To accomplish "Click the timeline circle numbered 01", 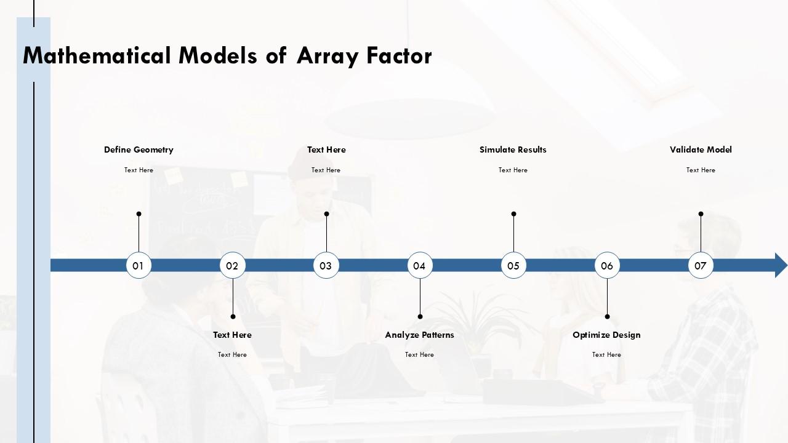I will tap(139, 266).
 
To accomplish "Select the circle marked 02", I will tap(232, 266).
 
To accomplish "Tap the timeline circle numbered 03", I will tap(326, 266).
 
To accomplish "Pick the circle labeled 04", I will tap(420, 266).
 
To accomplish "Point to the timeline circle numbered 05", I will tap(513, 266).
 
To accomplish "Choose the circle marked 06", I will tap(607, 266).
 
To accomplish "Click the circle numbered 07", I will tap(701, 266).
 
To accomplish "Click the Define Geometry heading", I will tap(139, 150).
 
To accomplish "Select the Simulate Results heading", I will tap(513, 150).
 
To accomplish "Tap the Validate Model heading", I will tap(701, 150).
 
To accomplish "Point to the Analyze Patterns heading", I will tap(419, 335).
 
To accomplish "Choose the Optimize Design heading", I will tap(606, 335).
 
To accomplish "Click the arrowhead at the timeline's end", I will tap(780, 265).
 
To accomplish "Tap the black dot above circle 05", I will tap(513, 214).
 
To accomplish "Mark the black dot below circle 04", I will tap(420, 317).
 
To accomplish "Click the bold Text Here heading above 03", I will tap(326, 150).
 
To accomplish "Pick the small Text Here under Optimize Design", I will tap(606, 354).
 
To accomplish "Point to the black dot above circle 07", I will tap(701, 214).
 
